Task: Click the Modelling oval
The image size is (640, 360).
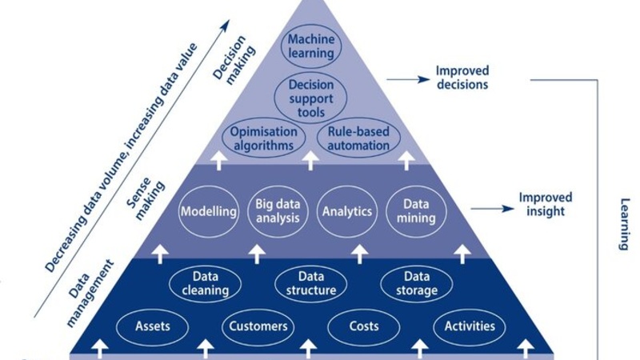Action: coord(209,212)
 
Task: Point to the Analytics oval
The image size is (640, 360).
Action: coord(347,212)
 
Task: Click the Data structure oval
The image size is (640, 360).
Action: coord(311,283)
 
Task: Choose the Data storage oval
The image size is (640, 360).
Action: coord(416,283)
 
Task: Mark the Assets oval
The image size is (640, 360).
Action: coord(152,326)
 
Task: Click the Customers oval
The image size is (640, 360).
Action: coord(258,326)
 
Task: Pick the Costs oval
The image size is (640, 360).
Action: coord(364,326)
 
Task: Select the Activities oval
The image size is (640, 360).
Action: coord(470,326)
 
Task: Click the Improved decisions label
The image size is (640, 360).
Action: coord(462,78)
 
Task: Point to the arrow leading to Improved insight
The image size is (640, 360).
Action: coord(490,210)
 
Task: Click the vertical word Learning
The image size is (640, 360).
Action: coord(624,225)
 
